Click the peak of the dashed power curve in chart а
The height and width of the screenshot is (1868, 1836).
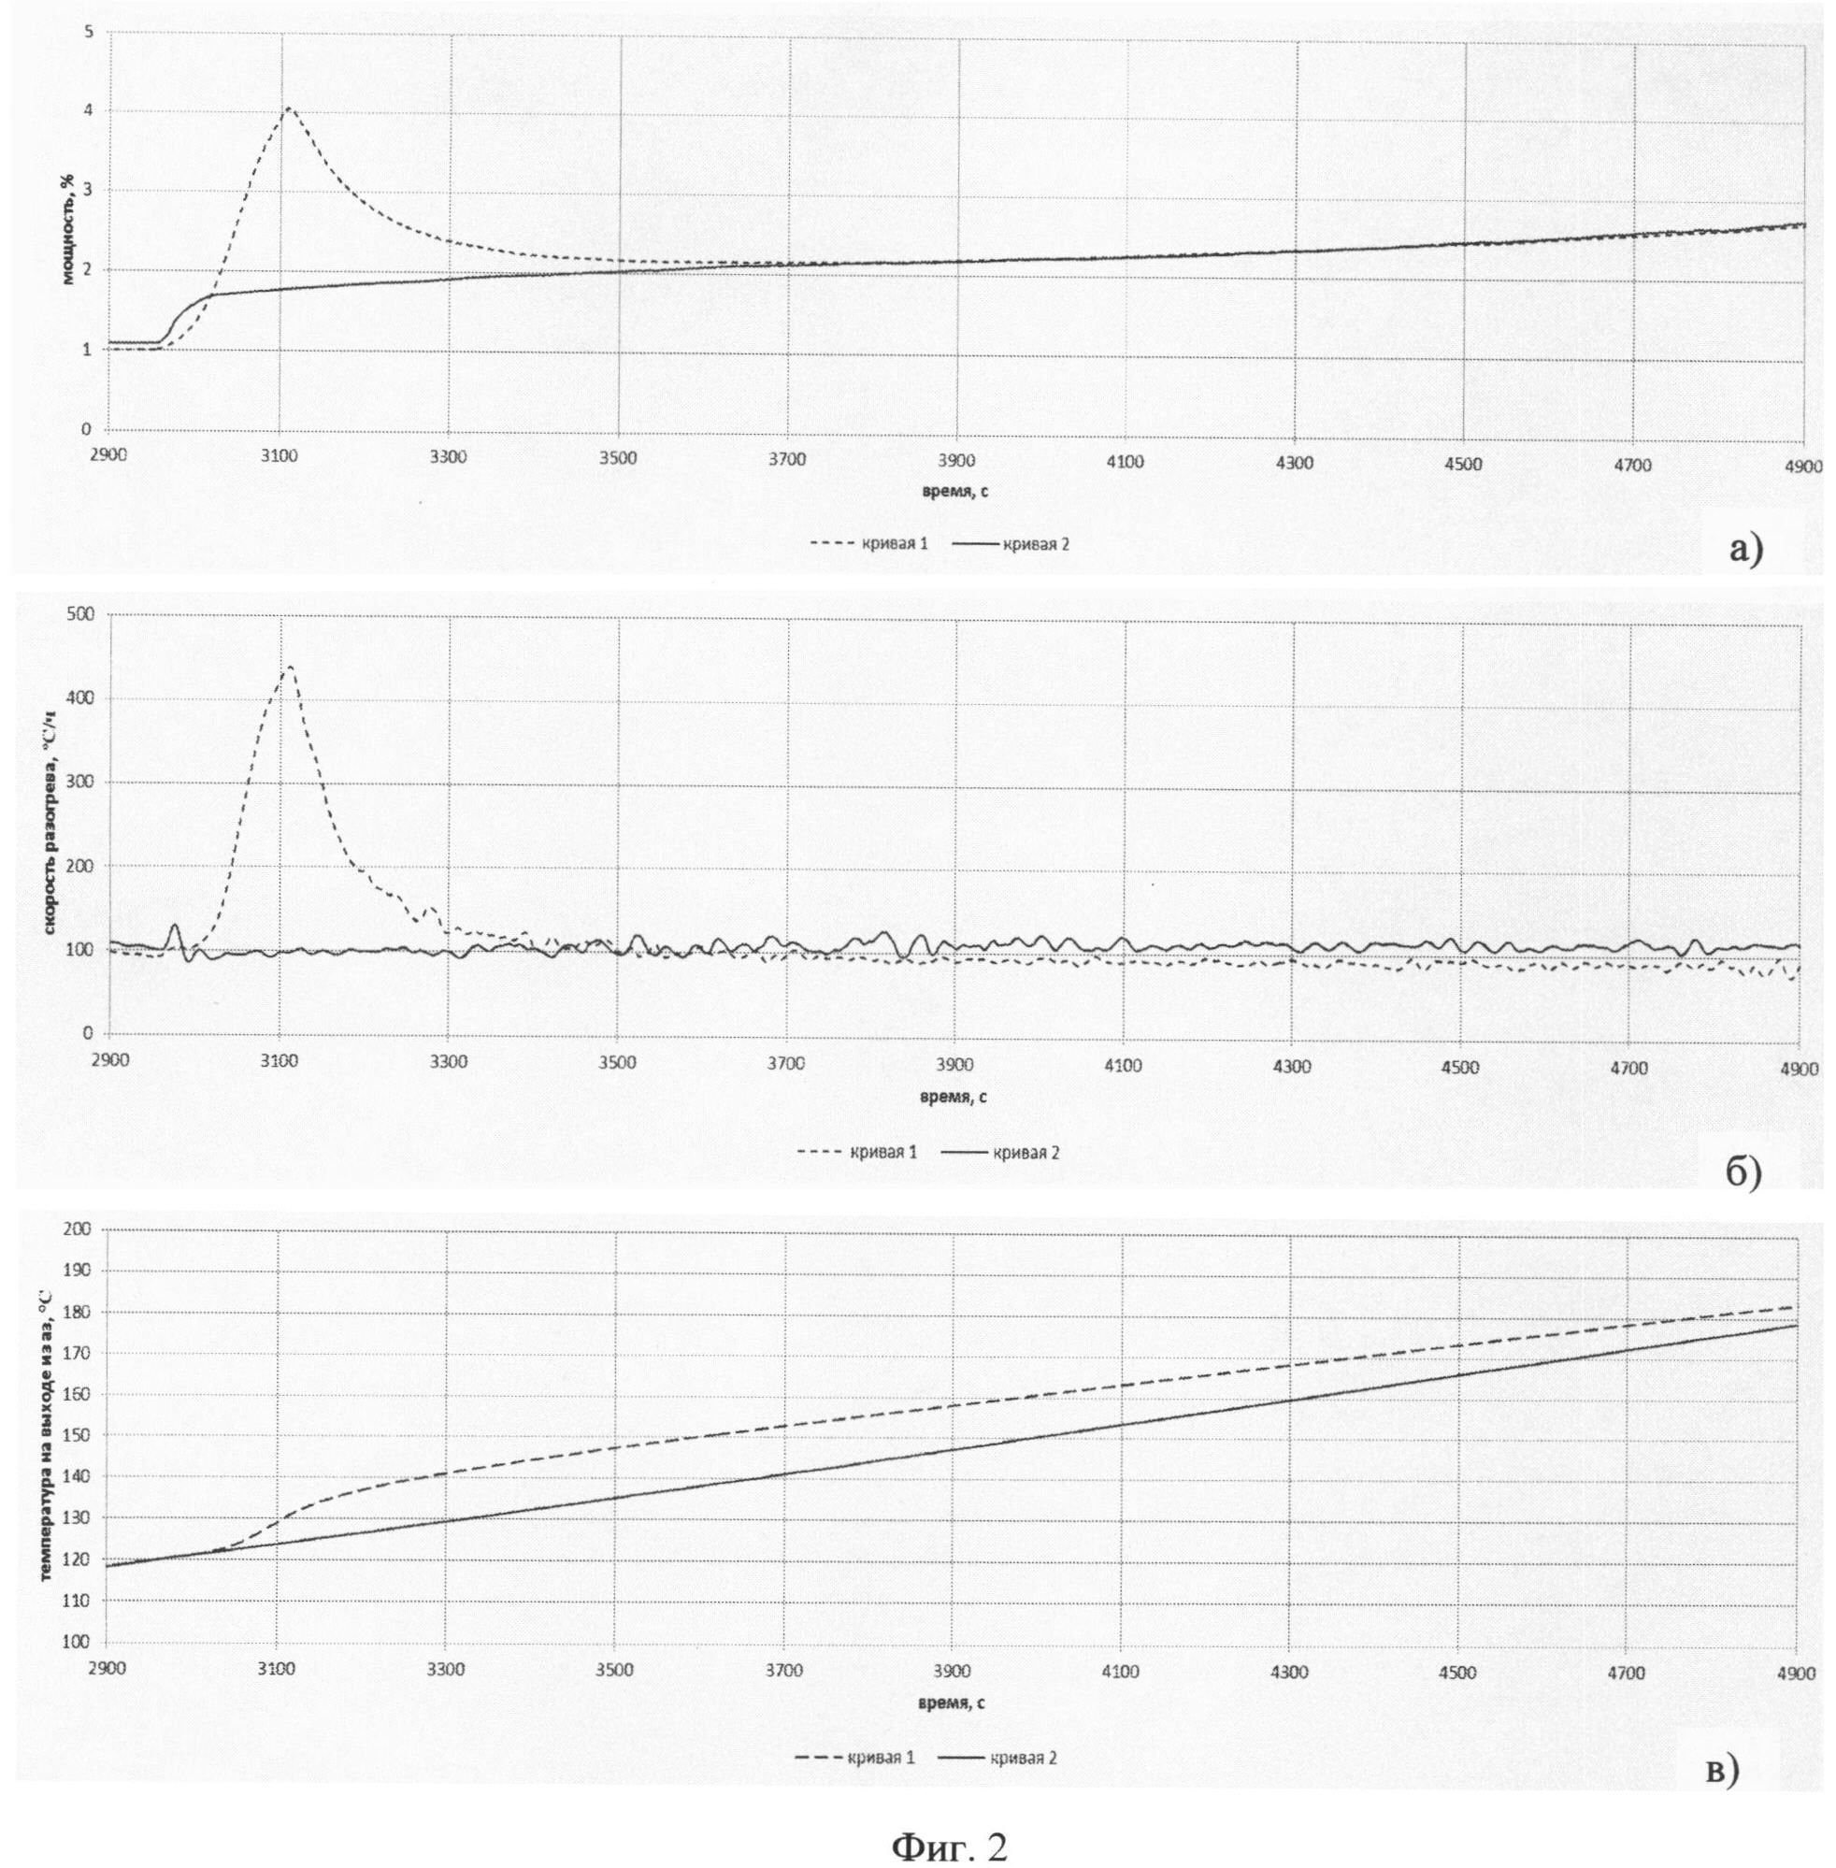[288, 108]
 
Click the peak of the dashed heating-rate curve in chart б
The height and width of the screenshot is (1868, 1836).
[288, 667]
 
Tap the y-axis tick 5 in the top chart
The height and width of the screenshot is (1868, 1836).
[89, 32]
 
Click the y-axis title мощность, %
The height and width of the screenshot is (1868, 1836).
[68, 231]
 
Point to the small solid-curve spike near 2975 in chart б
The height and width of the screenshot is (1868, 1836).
[176, 927]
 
